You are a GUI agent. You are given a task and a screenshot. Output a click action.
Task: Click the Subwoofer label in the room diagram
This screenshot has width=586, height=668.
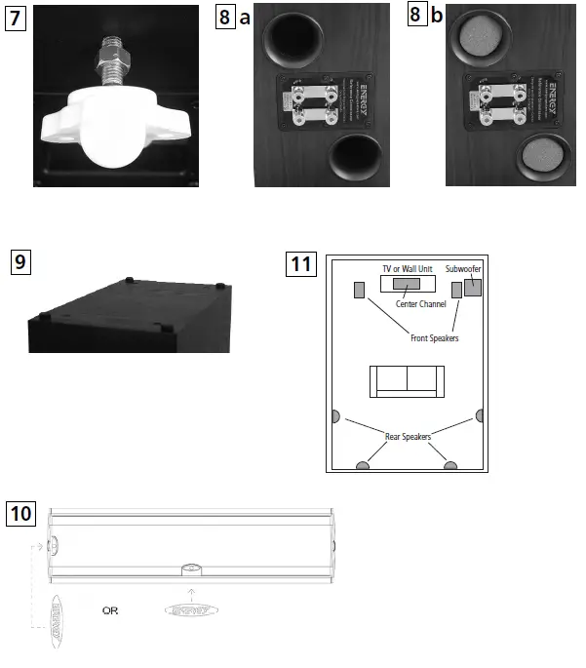pos(463,268)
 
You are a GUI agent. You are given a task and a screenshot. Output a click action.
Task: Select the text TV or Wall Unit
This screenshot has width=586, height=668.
pos(407,268)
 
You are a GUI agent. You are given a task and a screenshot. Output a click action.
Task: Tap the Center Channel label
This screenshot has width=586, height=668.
pos(420,304)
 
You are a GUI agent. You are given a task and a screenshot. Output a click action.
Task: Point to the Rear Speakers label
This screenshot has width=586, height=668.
pos(407,436)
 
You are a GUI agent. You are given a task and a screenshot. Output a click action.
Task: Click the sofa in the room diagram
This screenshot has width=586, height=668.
pos(407,381)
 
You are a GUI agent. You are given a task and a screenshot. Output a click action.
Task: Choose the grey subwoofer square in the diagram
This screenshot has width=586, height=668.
pos(473,288)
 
